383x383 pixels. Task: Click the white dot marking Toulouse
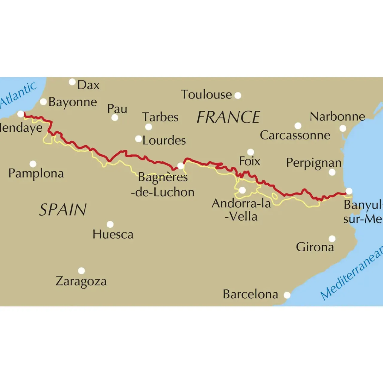pyautogui.click(x=238, y=95)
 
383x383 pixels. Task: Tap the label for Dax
pyautogui.click(x=88, y=85)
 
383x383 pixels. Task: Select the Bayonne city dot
pyautogui.click(x=43, y=102)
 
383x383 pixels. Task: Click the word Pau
pyautogui.click(x=117, y=109)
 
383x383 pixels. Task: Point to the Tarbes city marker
pyautogui.click(x=148, y=127)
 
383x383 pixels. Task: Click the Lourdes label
pyautogui.click(x=164, y=140)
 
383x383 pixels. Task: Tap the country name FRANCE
pyautogui.click(x=228, y=117)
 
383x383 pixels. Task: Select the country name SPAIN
pyautogui.click(x=63, y=209)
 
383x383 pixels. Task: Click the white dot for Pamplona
pyautogui.click(x=33, y=164)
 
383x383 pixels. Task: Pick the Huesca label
pyautogui.click(x=113, y=234)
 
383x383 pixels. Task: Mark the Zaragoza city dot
pyautogui.click(x=81, y=271)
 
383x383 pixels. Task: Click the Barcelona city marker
pyautogui.click(x=287, y=295)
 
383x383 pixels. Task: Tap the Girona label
pyautogui.click(x=315, y=247)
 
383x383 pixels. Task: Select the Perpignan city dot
pyautogui.click(x=332, y=172)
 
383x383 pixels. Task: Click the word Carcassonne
pyautogui.click(x=295, y=135)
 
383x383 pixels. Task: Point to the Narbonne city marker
pyautogui.click(x=343, y=128)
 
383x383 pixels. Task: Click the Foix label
pyautogui.click(x=249, y=161)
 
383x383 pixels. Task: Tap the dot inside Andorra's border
pyautogui.click(x=242, y=190)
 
